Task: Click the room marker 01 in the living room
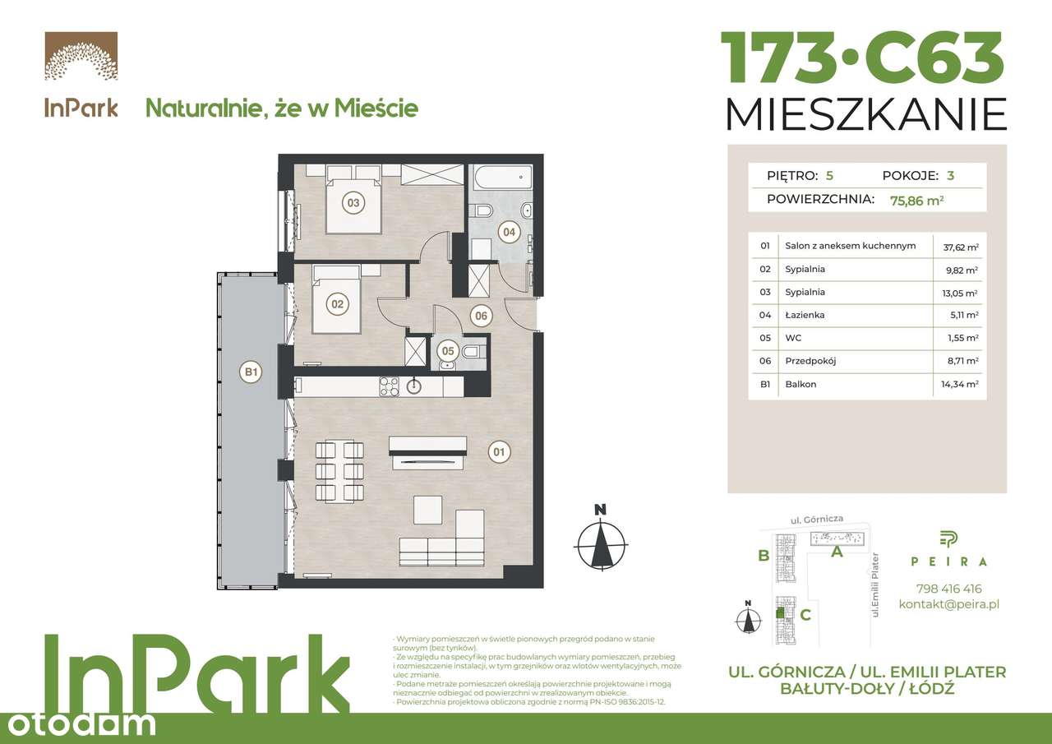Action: [498, 451]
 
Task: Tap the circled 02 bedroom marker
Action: [336, 304]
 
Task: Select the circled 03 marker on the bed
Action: [353, 202]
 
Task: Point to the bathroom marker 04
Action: [510, 232]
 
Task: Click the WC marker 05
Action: [448, 350]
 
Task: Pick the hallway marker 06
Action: [482, 316]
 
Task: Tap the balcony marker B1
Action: [250, 372]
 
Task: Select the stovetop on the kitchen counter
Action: [388, 385]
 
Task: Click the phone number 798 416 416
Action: [948, 589]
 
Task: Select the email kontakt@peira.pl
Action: [948, 604]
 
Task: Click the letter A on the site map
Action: [837, 552]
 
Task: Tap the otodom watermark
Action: [78, 723]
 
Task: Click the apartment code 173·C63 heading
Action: [862, 58]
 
